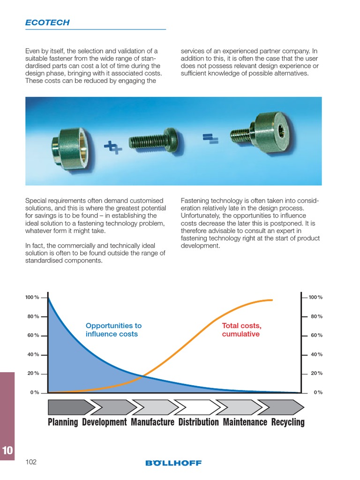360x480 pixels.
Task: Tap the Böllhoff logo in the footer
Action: tap(173, 463)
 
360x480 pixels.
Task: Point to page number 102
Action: tap(31, 462)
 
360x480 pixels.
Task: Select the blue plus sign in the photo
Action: tap(112, 148)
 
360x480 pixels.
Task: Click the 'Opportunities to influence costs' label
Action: tap(113, 330)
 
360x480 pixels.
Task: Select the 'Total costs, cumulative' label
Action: tap(241, 330)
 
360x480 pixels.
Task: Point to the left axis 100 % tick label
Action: tap(32, 298)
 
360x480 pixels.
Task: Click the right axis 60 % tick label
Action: tap(316, 336)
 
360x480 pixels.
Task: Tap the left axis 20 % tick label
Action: tap(33, 374)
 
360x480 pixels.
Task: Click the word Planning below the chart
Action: tap(63, 422)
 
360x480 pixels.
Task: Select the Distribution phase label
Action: tap(198, 422)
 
